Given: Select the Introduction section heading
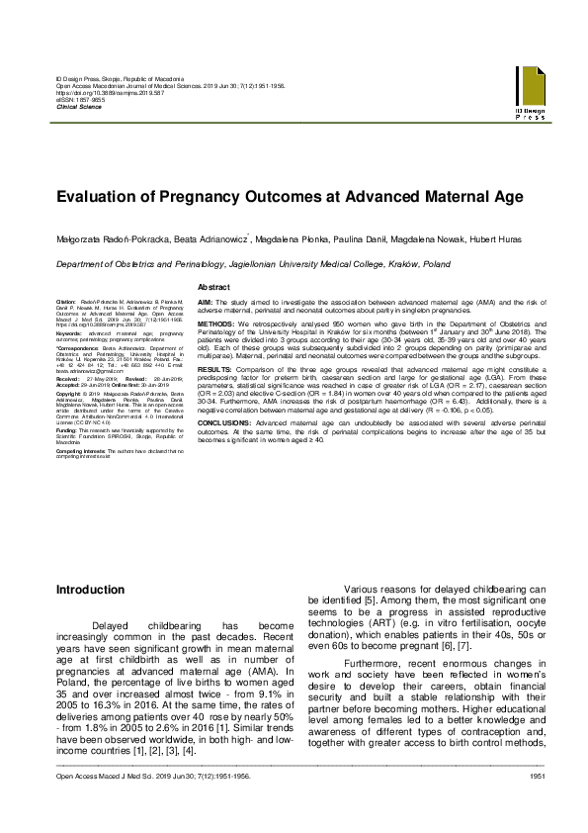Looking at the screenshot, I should point(90,591).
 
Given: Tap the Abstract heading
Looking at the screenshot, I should point(214,286).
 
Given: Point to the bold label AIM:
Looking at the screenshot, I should point(206,301).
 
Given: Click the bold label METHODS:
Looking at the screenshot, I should point(215,324).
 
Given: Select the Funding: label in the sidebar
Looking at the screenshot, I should point(69,430).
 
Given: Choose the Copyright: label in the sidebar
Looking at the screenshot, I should point(72,392).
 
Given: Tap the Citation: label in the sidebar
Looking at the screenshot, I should point(67,301).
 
